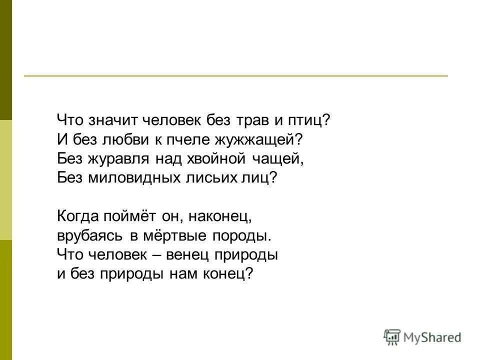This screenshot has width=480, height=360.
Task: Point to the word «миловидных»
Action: (133, 178)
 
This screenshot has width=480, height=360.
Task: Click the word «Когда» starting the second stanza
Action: (78, 216)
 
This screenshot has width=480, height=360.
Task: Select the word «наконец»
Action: (217, 216)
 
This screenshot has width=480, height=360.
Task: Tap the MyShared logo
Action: (423, 337)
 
